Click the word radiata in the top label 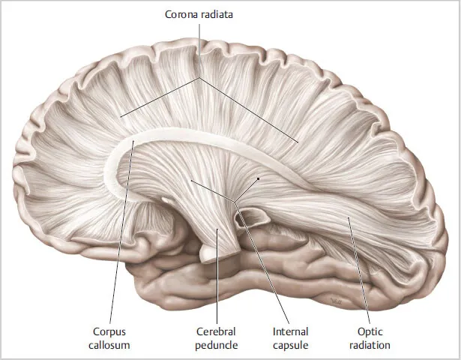215,14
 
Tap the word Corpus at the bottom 109,332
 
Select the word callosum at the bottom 109,345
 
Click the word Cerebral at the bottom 216,331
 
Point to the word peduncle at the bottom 217,345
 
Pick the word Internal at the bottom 291,331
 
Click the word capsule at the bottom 291,346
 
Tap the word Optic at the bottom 370,332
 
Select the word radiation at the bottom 370,345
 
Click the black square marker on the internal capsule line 259,178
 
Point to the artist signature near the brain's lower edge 336,301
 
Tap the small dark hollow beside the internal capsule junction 251,217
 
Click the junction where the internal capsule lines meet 235,202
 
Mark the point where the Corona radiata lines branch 199,78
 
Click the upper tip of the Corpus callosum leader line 133,141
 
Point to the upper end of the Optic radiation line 349,217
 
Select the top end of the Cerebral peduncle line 217,229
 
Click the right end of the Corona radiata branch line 298,142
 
